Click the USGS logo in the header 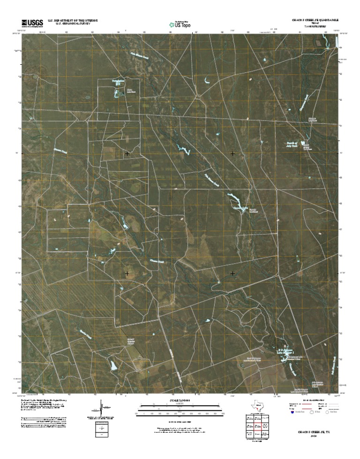click(31, 22)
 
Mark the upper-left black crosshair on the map click(127, 153)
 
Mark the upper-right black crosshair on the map click(233, 153)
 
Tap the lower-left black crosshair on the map click(127, 273)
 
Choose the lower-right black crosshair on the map click(233, 273)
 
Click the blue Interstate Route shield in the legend click(292, 414)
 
